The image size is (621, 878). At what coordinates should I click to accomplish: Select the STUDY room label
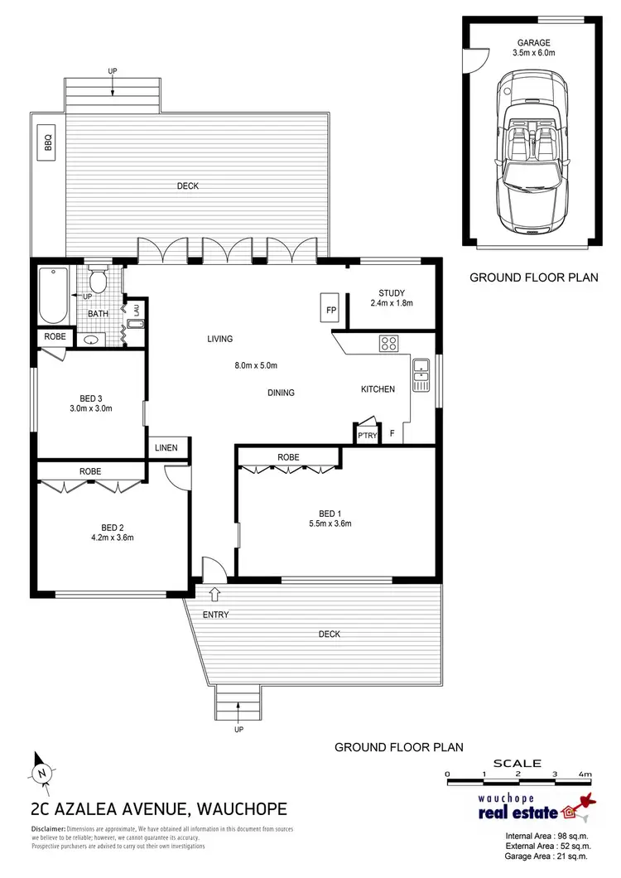(x=391, y=292)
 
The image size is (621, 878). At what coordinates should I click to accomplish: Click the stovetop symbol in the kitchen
(x=389, y=342)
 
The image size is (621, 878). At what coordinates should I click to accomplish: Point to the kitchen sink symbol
(x=421, y=374)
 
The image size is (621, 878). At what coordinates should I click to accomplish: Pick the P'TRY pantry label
(x=365, y=434)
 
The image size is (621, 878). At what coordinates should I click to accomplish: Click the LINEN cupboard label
(x=166, y=448)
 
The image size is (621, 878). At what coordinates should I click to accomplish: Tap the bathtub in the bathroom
(x=55, y=296)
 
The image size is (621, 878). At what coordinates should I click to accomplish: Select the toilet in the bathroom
(x=99, y=282)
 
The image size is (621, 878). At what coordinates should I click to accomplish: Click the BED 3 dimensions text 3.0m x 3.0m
(x=91, y=408)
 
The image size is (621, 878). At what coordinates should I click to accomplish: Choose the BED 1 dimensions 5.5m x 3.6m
(x=330, y=522)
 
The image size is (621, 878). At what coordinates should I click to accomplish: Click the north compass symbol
(x=39, y=772)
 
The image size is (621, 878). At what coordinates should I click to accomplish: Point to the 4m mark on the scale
(x=586, y=774)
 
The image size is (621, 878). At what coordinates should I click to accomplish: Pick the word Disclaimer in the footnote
(x=48, y=829)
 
